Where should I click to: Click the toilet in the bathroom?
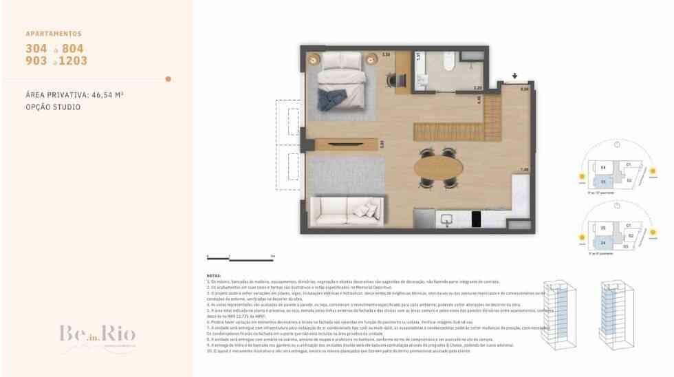pos(448,65)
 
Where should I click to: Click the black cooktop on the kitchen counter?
pos(476,219)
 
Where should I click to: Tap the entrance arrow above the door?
pos(514,76)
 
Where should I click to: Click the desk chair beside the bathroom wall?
pos(393,80)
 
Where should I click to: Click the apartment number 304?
pos(36,49)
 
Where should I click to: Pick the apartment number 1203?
pos(74,61)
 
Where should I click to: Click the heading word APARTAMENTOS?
pos(54,34)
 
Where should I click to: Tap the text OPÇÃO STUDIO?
pos(53,107)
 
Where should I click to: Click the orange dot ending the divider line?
pos(168,79)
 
